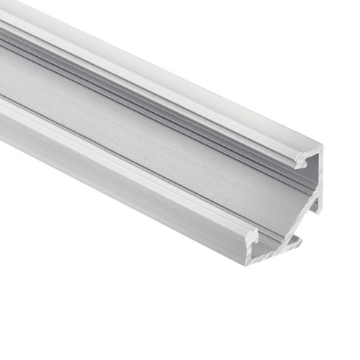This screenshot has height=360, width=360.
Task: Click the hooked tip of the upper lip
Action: pyautogui.click(x=299, y=165)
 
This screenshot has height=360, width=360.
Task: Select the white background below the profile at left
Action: pyautogui.click(x=58, y=291)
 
